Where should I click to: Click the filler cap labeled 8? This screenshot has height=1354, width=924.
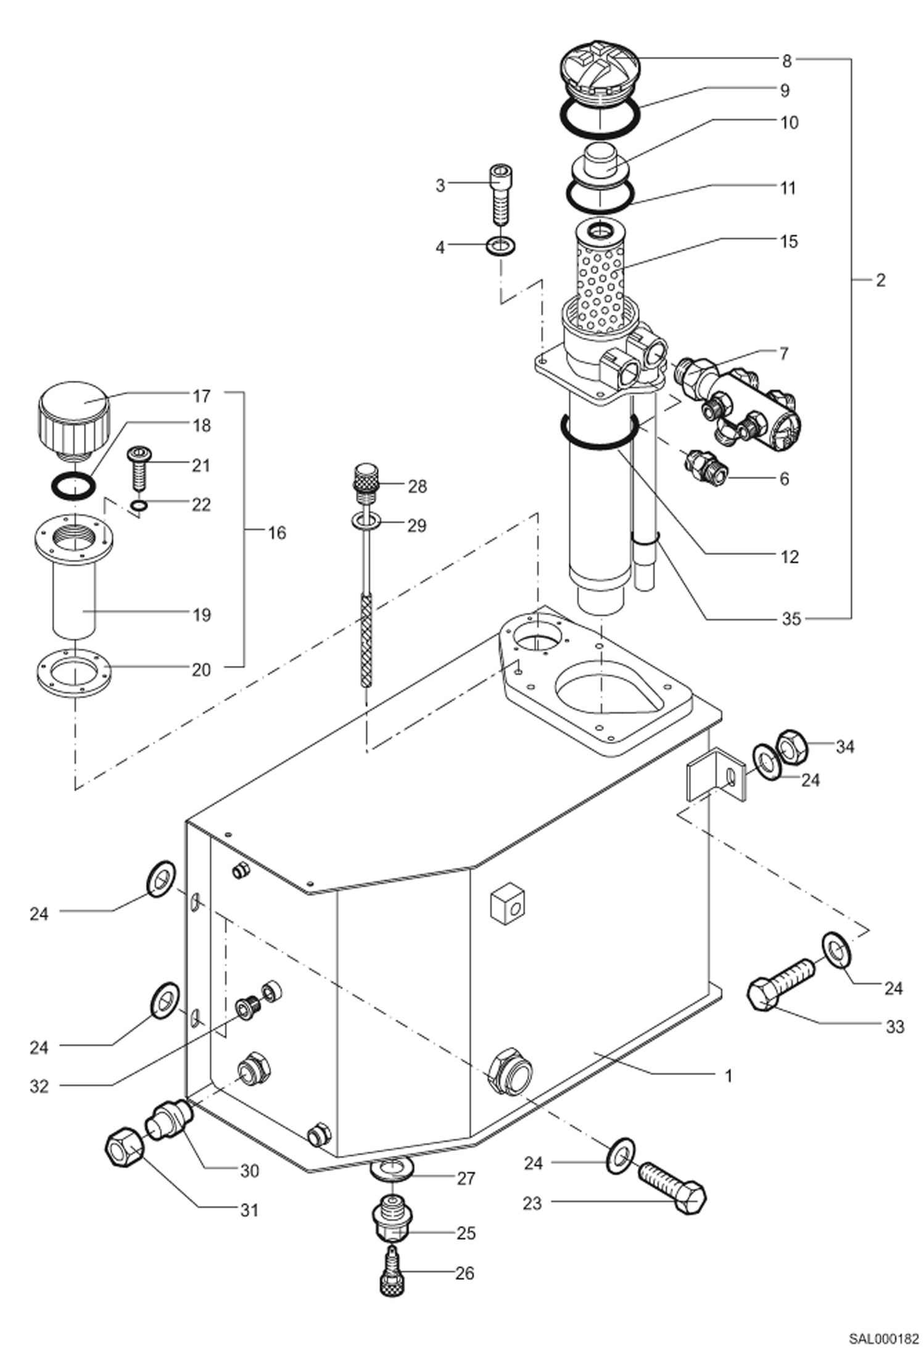tap(600, 72)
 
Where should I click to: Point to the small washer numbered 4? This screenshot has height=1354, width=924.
tap(501, 246)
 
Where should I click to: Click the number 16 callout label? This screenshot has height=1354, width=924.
tap(277, 533)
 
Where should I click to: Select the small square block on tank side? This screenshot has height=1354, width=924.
tap(507, 905)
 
